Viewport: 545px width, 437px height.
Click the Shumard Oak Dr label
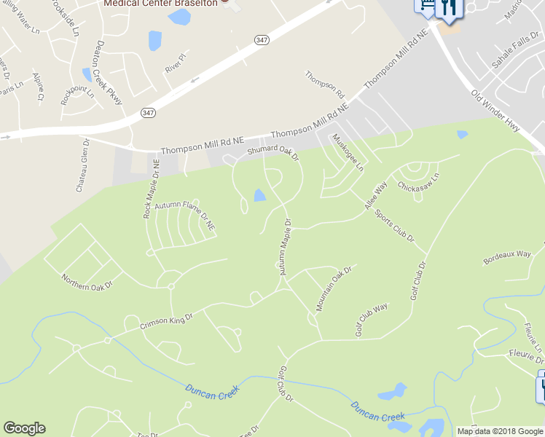273,151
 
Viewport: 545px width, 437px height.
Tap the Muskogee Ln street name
348,152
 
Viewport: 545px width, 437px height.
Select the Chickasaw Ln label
419,181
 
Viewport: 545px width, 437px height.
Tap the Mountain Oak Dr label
334,288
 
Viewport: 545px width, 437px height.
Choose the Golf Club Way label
372,319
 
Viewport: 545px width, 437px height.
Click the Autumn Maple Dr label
283,247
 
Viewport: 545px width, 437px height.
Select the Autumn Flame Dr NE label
185,216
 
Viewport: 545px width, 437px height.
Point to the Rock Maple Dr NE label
151,189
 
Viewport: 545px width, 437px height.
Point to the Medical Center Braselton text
161,3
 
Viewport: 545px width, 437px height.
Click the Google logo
24,428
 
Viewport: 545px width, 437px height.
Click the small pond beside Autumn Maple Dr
259,195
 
